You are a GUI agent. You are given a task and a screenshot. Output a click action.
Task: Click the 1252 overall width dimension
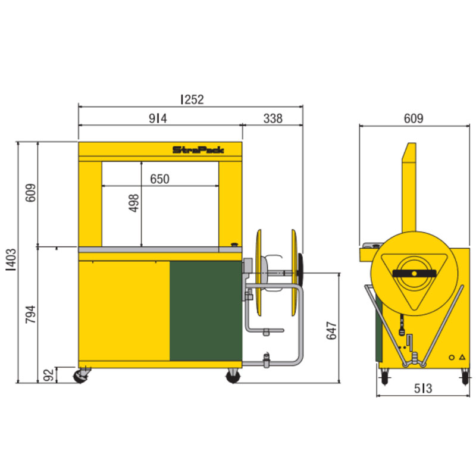(x=192, y=99)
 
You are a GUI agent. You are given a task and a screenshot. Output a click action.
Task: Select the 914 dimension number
(x=158, y=118)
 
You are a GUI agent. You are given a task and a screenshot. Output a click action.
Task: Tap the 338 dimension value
(x=273, y=118)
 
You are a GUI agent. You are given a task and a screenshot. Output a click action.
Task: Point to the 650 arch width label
(x=159, y=179)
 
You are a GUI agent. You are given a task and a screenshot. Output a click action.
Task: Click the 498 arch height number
(x=133, y=203)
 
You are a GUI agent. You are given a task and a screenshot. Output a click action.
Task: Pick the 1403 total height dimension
(x=11, y=260)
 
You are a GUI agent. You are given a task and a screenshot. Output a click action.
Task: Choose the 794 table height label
(x=30, y=315)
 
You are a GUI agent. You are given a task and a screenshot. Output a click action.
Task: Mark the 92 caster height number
(x=48, y=375)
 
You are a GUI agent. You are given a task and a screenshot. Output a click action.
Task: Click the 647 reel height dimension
(x=331, y=331)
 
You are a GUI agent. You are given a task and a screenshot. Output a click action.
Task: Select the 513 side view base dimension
(x=423, y=389)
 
